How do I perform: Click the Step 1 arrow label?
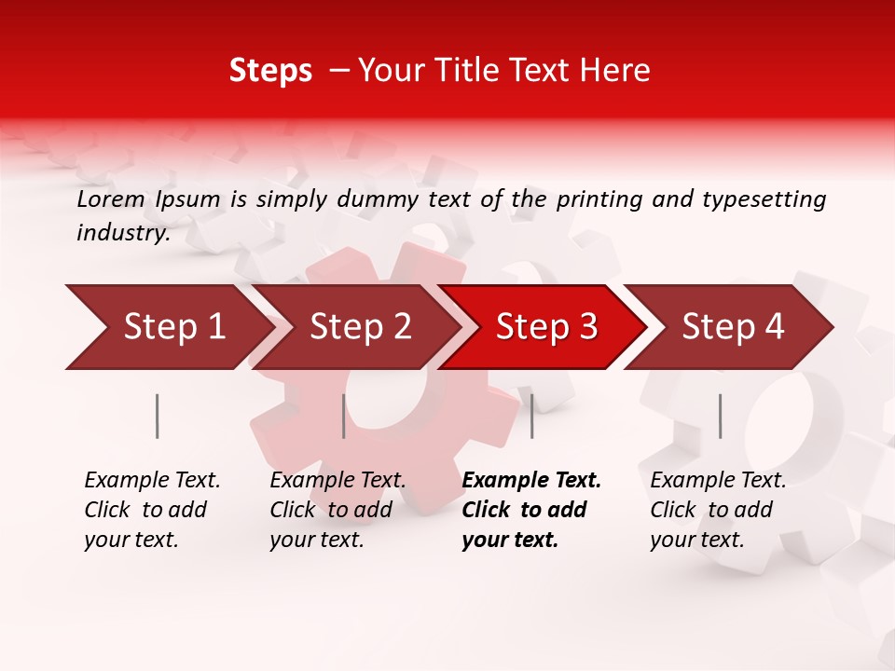174,327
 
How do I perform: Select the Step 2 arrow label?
361,327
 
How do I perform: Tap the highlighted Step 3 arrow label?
547,327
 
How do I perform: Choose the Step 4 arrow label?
734,327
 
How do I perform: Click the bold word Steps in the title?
270,71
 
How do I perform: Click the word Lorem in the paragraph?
111,199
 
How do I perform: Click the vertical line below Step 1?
157,416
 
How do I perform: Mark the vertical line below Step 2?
344,416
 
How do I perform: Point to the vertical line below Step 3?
531,416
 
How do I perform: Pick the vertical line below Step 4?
720,416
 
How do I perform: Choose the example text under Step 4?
718,510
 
